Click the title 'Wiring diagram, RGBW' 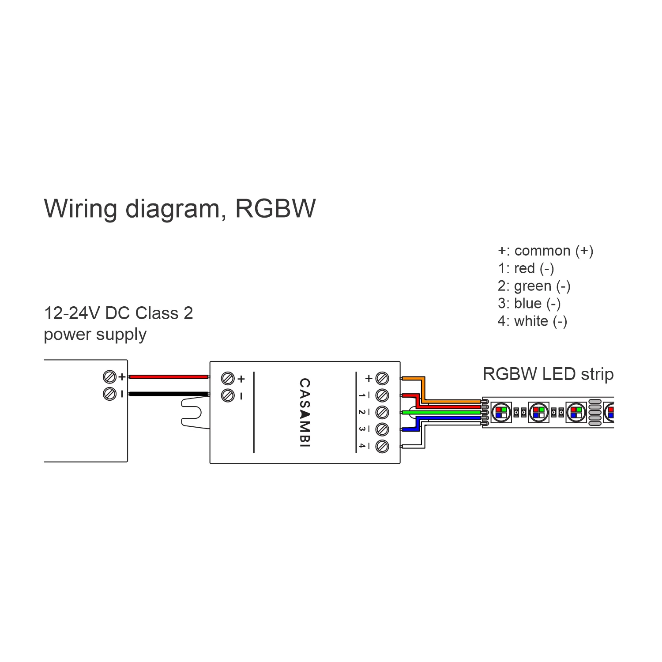coord(180,209)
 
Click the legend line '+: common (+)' coord(545,251)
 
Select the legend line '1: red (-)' coord(526,268)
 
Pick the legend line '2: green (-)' coord(534,286)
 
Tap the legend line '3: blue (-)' coord(529,304)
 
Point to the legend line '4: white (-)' coord(532,321)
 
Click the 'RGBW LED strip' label coord(548,374)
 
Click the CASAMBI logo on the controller coord(305,413)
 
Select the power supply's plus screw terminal coord(109,377)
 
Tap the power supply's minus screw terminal coord(109,394)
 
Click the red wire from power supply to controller coord(168,377)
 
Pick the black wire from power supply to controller coord(168,394)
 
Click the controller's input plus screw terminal coord(228,379)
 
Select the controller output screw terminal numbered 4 coord(382,446)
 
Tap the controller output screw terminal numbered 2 coord(382,412)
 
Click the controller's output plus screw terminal coord(382,379)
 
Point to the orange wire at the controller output coord(413,379)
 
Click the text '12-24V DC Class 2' coord(118,313)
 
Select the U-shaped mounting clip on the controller coord(194,413)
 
